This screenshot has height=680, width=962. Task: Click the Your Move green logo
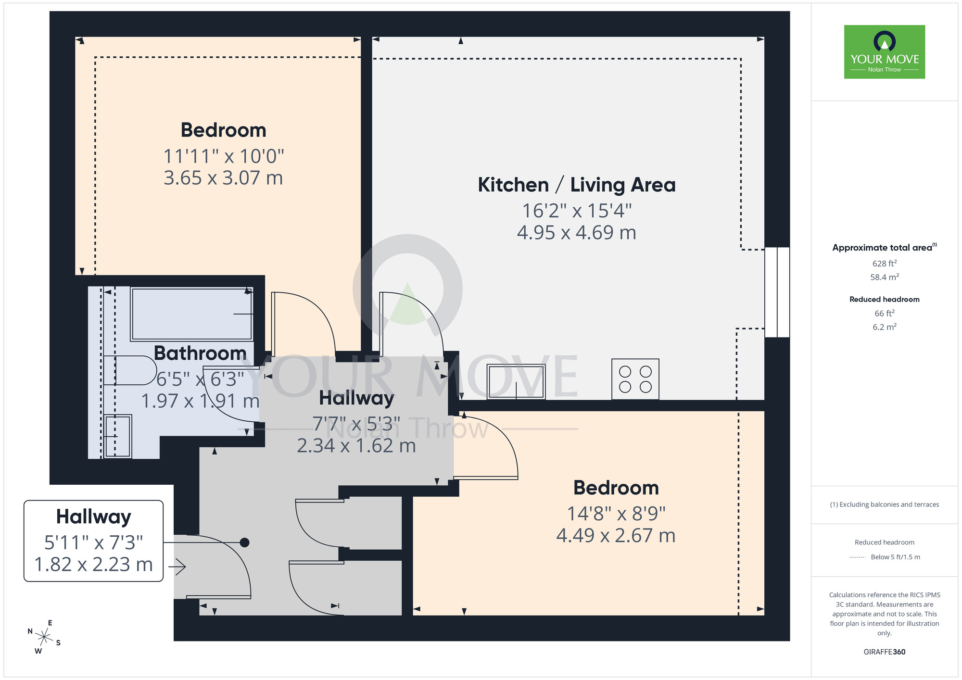[884, 52]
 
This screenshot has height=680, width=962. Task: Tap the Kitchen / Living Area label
[576, 185]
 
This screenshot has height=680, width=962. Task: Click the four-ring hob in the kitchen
[635, 379]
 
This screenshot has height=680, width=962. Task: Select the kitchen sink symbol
[516, 382]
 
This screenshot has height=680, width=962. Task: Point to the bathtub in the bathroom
[192, 314]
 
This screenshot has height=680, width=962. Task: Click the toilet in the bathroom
[130, 370]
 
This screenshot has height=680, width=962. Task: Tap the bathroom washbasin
[118, 436]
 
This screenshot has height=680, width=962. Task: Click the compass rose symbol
[44, 637]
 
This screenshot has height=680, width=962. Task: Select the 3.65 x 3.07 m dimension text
[223, 178]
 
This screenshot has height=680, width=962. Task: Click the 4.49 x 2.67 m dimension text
[616, 536]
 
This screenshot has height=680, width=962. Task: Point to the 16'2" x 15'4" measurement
[576, 211]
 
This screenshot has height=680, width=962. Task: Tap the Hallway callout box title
[93, 517]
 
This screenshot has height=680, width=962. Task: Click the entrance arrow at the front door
[177, 567]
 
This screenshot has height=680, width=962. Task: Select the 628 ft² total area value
[884, 264]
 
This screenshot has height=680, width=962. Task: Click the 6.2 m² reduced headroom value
[884, 327]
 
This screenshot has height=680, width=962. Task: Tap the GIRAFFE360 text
[884, 652]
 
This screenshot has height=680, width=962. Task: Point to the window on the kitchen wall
[777, 292]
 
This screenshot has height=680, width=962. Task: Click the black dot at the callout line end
[244, 542]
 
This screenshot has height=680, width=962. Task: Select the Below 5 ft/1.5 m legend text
[895, 557]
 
